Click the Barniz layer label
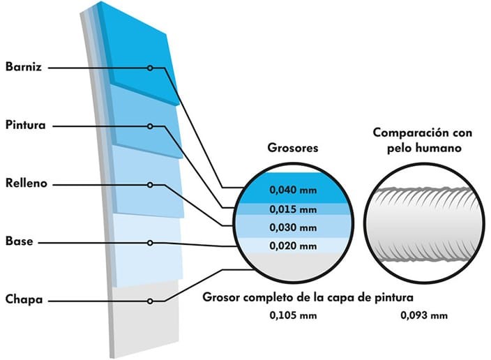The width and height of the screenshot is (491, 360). [24, 67]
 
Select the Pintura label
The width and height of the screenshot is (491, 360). [26, 125]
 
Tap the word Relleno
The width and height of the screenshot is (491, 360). [27, 183]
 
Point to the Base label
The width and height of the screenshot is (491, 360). [19, 241]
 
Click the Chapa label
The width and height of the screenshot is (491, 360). [24, 299]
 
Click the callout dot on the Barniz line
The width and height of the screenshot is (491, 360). [151, 68]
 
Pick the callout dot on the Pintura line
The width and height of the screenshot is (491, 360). [151, 126]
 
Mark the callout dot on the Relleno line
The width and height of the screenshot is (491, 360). [151, 185]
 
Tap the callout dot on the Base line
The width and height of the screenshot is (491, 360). [151, 243]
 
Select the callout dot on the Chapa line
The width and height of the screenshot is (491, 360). [151, 301]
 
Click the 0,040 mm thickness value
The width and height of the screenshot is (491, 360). [293, 190]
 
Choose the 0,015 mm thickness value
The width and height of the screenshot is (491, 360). [293, 209]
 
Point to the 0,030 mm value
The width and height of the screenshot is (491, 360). [293, 227]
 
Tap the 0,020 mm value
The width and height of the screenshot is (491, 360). [293, 246]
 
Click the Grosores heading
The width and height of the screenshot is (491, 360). [293, 148]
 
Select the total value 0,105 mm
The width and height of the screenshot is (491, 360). [293, 315]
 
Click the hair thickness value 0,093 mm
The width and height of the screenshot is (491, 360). [424, 315]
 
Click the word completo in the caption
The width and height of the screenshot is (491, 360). [268, 297]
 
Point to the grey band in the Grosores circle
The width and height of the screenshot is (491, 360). [294, 267]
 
